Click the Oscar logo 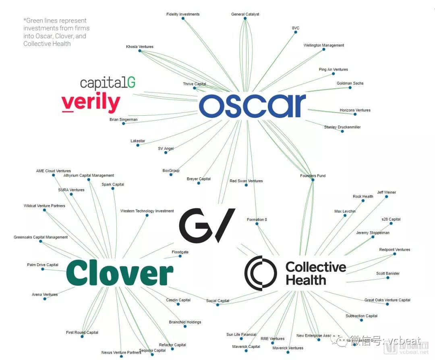coord(252,106)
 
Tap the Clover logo coord(120,273)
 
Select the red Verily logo coord(91,102)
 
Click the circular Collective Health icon coord(261,273)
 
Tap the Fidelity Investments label coord(183,15)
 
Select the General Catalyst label coord(245,15)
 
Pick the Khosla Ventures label coord(139,47)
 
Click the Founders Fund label coord(313,176)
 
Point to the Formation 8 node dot coord(257,224)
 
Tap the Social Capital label coord(217,301)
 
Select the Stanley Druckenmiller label coord(342,127)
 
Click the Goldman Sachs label coord(350,83)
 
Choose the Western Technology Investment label coord(147,211)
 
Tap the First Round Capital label coord(82,333)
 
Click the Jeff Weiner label coord(386,192)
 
